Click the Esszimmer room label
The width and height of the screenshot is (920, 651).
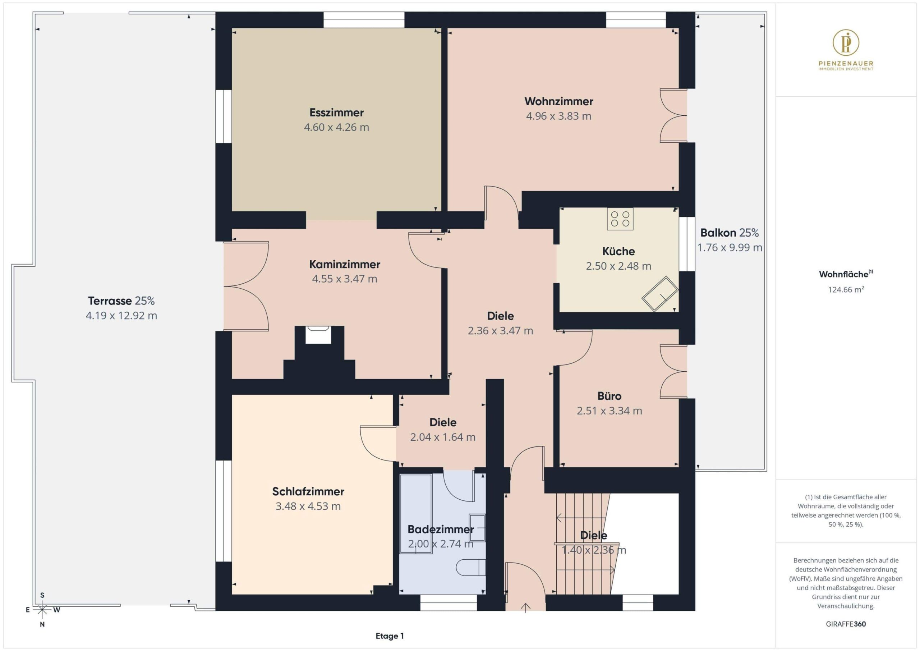click(x=337, y=113)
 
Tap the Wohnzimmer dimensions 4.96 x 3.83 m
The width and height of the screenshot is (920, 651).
click(x=558, y=116)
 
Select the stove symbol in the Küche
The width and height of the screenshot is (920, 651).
click(x=620, y=219)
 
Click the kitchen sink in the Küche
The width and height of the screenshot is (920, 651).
click(x=659, y=294)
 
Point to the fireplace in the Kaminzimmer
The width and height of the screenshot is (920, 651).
click(x=318, y=335)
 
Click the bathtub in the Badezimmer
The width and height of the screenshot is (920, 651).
click(x=416, y=514)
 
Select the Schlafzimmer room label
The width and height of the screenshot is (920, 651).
click(x=308, y=491)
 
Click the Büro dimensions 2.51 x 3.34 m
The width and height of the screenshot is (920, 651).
click(x=609, y=411)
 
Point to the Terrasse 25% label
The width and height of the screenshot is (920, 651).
click(x=121, y=301)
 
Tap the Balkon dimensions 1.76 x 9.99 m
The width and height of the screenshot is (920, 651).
click(x=730, y=248)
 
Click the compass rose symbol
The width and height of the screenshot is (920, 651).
click(x=42, y=610)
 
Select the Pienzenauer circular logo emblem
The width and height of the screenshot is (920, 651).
click(x=846, y=42)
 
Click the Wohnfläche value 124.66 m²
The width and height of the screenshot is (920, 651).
click(x=846, y=289)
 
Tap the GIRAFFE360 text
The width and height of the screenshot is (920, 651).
click(x=846, y=624)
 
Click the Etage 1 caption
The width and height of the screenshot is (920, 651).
click(x=390, y=636)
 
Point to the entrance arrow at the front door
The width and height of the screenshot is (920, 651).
click(x=525, y=608)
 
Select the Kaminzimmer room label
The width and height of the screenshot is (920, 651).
click(x=345, y=265)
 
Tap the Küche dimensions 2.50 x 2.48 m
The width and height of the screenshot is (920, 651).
click(x=619, y=266)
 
